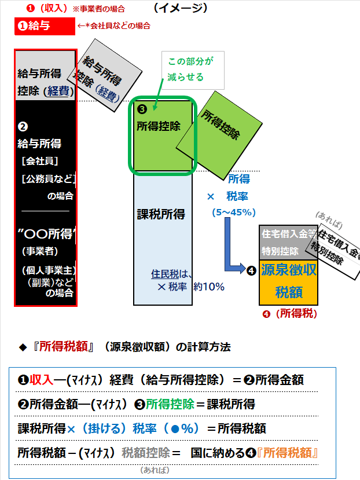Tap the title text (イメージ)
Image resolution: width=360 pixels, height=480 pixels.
pyautogui.click(x=181, y=8)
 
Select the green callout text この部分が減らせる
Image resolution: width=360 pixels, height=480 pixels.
pyautogui.click(x=186, y=69)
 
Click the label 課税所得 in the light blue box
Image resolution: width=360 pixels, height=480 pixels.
pyautogui.click(x=161, y=214)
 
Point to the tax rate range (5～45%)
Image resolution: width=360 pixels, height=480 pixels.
pyautogui.click(x=234, y=212)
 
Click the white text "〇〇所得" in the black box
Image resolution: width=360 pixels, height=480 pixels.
pyautogui.click(x=45, y=234)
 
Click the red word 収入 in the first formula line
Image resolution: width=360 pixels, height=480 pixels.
pyautogui.click(x=42, y=380)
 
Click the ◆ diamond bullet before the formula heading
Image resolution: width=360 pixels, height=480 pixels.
pyautogui.click(x=23, y=347)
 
